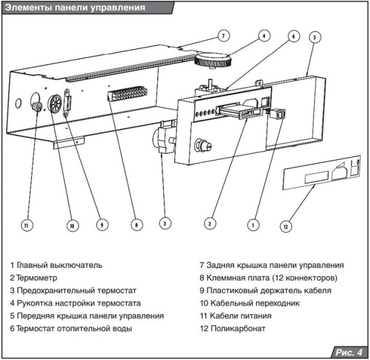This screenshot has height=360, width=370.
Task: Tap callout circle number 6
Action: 293,36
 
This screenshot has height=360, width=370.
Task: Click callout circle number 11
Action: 25,225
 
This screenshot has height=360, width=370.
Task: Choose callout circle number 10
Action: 72,225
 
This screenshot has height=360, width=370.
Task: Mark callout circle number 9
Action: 102,225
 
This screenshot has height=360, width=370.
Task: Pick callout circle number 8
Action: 136,225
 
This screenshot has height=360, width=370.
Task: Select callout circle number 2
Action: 210,222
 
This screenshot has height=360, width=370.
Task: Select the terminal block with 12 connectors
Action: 128,94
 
